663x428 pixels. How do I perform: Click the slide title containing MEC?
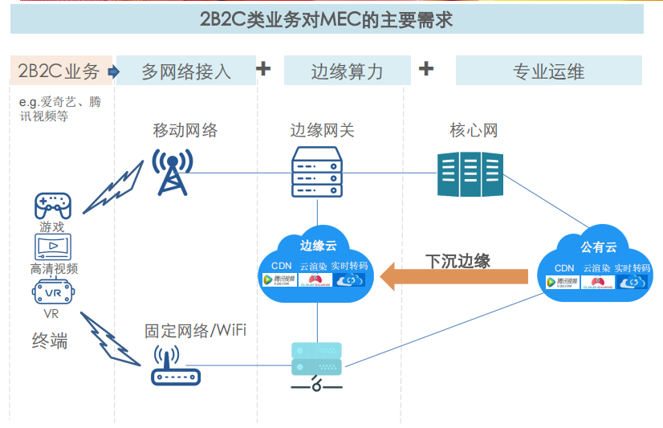326,19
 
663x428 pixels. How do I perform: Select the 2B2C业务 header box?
59,71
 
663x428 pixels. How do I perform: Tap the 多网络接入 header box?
186,71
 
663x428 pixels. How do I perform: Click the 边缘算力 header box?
347,71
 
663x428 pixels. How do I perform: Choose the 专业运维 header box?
548,71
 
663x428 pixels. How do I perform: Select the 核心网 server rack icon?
470,173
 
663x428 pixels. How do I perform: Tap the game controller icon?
52,206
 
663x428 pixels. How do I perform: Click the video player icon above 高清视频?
53,247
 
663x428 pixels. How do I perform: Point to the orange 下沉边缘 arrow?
454,278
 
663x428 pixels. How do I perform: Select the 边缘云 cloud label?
318,245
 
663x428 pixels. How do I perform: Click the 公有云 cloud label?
599,246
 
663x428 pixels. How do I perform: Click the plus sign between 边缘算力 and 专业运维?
426,69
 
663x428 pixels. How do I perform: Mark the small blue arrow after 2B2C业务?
112,71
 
